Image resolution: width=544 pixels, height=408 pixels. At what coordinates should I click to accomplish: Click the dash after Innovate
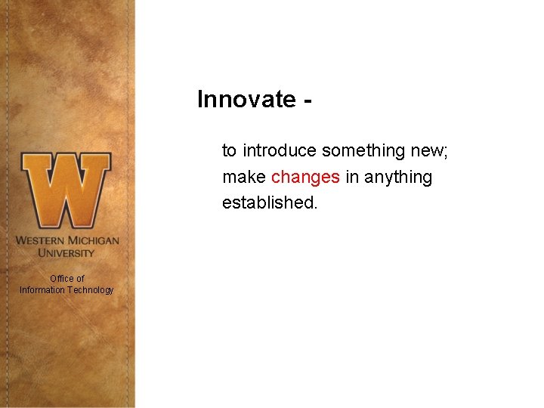(307, 100)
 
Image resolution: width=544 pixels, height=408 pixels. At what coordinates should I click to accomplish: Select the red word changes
(305, 178)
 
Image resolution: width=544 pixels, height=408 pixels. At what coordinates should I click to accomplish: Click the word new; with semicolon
(429, 151)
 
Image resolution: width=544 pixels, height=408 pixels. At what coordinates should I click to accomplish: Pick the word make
(243, 178)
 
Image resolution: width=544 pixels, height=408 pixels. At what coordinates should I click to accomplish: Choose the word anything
(398, 178)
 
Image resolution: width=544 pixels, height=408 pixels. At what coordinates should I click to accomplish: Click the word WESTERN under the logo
(42, 240)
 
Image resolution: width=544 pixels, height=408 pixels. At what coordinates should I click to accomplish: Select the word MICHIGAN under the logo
(94, 240)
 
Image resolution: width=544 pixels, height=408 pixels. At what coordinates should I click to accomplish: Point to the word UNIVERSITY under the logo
(66, 252)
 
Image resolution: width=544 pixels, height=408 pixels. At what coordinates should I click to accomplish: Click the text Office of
(66, 278)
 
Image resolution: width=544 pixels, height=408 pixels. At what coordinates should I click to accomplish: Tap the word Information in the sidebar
(42, 290)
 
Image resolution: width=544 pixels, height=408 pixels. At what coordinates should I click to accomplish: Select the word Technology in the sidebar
(91, 290)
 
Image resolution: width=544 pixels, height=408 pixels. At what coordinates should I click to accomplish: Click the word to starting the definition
(230, 151)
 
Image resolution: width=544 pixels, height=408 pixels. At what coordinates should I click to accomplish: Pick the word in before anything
(351, 178)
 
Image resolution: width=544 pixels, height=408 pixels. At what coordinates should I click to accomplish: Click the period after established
(316, 208)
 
